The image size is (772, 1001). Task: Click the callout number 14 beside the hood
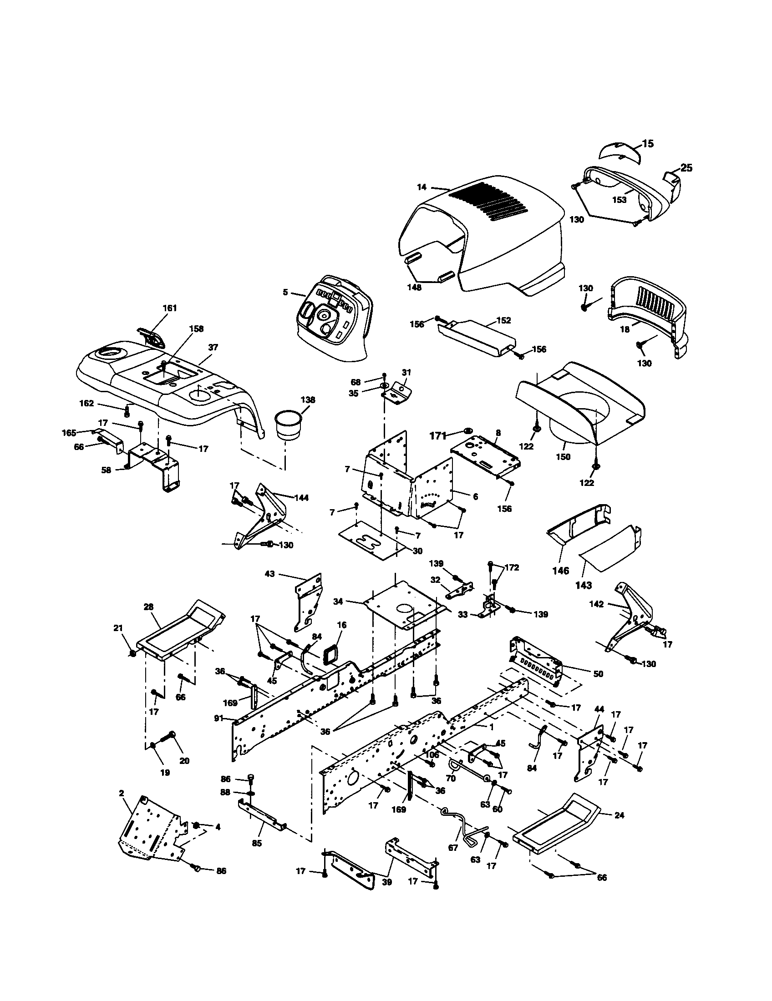[422, 187]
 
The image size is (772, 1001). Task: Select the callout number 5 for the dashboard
[285, 292]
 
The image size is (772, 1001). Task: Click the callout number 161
[170, 308]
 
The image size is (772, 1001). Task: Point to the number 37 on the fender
[213, 348]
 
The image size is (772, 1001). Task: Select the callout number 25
[686, 168]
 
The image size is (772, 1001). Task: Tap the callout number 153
[620, 200]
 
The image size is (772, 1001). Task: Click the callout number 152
[503, 320]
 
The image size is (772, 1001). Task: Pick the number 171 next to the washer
[437, 435]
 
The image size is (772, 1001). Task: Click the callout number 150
[563, 456]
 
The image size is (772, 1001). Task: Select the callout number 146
[560, 571]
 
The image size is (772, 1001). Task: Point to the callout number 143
[583, 585]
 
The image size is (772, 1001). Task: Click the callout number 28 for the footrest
[148, 607]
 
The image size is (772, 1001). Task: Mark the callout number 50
[598, 674]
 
